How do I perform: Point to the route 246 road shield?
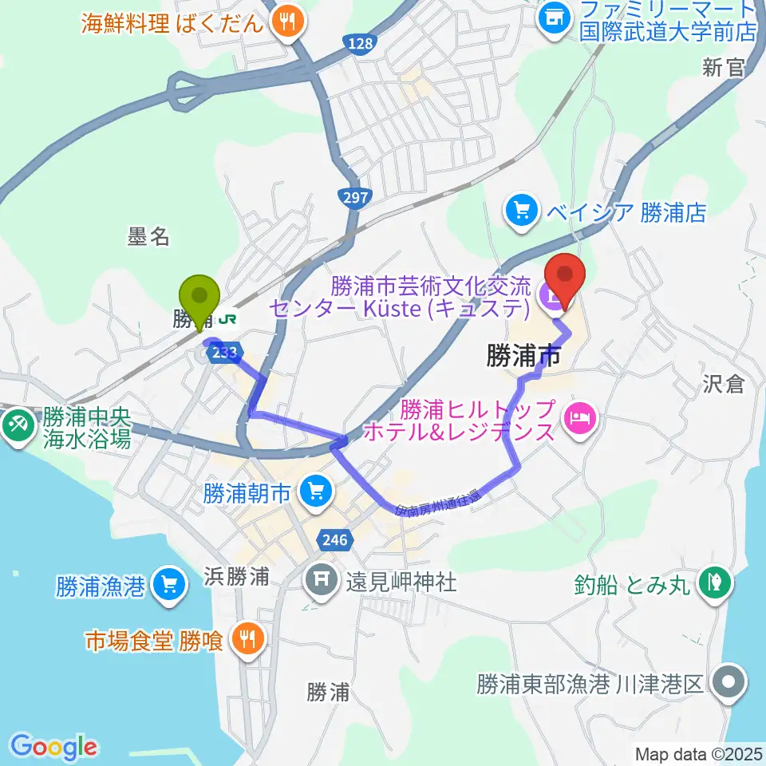click(334, 540)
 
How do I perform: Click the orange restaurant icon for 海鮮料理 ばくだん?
click(286, 22)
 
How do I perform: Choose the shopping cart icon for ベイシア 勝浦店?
click(522, 211)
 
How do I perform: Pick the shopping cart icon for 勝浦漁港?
click(168, 586)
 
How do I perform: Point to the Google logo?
click(54, 747)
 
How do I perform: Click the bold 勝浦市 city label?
click(522, 357)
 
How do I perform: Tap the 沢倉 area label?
click(724, 384)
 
